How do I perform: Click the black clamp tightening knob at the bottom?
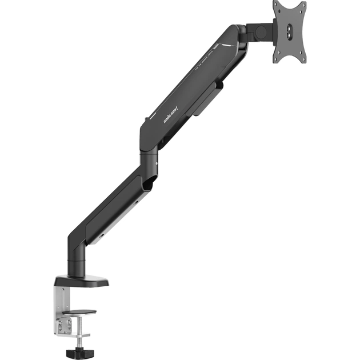[77, 346]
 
